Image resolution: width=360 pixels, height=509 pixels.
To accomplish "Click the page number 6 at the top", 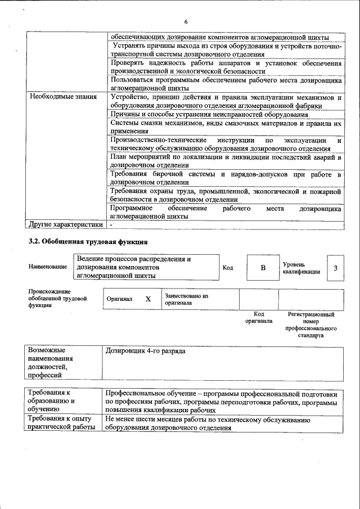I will point(185,6).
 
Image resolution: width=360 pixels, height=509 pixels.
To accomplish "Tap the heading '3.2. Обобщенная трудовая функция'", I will point(88,242).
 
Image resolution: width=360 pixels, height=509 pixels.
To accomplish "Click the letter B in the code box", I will point(262,268).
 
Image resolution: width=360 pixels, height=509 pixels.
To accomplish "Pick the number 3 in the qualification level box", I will point(335,268).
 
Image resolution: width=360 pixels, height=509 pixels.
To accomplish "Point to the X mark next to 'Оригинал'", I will point(148,299).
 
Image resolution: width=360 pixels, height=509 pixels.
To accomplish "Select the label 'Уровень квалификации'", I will point(301,268).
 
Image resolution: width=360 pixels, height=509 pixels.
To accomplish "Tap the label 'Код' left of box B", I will point(228,268).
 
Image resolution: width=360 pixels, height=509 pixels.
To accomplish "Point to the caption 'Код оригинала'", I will point(259,318).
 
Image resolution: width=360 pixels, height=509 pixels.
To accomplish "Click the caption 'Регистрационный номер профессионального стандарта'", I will point(310,325).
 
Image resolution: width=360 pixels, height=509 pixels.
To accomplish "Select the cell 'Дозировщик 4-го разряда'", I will point(145,351).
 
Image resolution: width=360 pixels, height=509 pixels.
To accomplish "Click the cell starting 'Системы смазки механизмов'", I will point(226,127).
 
